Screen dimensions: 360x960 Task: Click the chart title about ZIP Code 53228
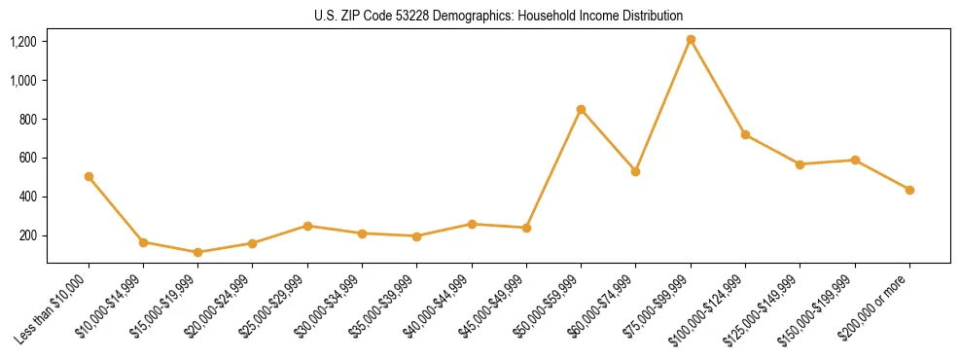tap(498, 16)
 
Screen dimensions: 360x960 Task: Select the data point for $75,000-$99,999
tap(691, 40)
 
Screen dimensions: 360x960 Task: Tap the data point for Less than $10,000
tap(89, 176)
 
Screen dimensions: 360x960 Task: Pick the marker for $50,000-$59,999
tap(581, 109)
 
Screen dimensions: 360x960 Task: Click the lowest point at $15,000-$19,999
tap(197, 252)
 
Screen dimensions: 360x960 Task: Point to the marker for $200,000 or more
tap(909, 190)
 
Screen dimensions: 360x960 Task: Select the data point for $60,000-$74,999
tap(635, 171)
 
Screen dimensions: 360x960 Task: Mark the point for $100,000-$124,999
tap(745, 134)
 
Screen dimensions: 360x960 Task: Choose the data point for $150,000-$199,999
tap(855, 160)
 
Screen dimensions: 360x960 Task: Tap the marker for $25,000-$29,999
tap(307, 226)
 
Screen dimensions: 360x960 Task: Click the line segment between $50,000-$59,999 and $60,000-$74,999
tap(608, 140)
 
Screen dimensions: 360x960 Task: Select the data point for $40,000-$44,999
tap(472, 224)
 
